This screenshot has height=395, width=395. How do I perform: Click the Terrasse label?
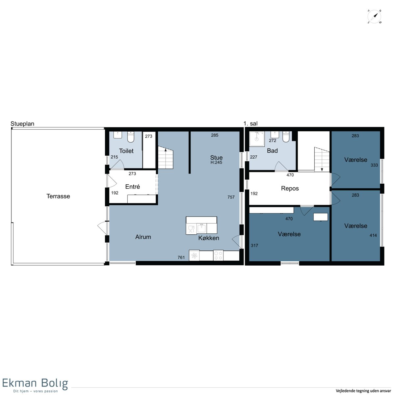58,196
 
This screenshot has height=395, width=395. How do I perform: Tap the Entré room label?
132,187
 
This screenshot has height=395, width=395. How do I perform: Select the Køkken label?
208,238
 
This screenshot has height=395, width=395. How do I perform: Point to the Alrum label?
143,237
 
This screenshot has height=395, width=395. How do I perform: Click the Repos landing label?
290,188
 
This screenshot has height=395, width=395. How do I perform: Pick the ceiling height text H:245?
216,162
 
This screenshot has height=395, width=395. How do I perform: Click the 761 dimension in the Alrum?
181,257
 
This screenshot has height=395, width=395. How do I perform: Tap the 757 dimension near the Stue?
231,197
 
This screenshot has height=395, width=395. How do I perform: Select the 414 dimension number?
373,235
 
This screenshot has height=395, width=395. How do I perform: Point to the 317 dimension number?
254,245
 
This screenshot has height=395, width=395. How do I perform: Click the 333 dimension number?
374,165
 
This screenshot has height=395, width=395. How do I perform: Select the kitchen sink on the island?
202,228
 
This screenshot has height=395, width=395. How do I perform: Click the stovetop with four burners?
218,255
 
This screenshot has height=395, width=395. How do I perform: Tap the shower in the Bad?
257,139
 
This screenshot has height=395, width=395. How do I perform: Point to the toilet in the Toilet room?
131,137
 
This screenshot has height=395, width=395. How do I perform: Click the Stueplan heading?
22,124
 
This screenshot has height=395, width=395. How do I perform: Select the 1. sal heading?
250,123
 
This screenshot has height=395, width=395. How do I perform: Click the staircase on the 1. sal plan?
322,159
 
